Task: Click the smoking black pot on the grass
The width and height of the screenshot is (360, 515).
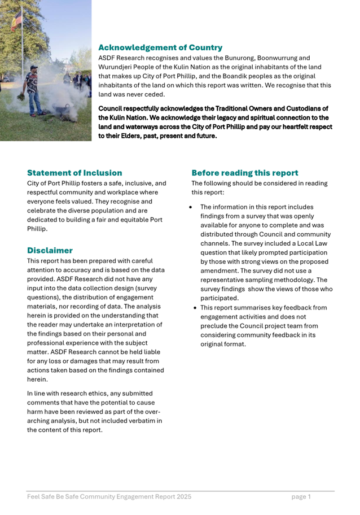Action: [58, 107]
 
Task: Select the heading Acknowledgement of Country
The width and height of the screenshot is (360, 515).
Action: [160, 48]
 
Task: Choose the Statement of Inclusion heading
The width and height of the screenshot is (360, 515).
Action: [74, 173]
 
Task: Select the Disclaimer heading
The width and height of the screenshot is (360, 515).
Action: [50, 250]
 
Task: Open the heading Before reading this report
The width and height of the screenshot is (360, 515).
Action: [245, 173]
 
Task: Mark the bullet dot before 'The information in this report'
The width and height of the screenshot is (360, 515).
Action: [191, 207]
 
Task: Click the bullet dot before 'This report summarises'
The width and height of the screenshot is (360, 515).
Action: [195, 308]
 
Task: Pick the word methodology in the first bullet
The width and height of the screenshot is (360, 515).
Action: [290, 280]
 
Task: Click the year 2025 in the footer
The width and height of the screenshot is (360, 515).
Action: [182, 497]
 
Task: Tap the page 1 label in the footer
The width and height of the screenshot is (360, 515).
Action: [301, 497]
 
